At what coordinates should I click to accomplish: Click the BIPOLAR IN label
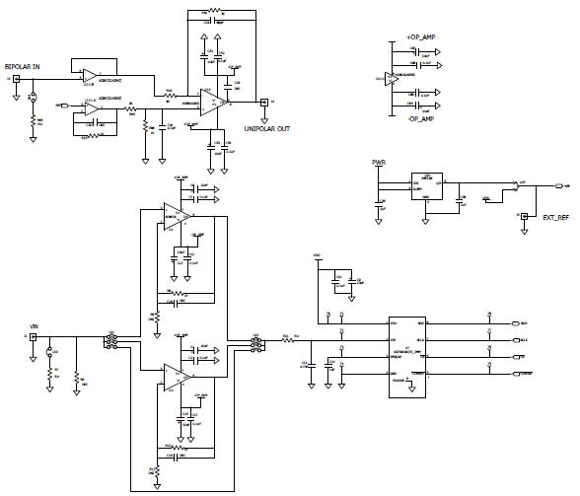coord(23,65)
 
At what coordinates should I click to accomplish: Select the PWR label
coord(378,162)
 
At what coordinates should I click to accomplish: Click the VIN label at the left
coord(35,324)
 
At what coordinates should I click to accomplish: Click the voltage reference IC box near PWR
coord(426,185)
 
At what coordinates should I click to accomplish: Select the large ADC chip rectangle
coord(406,355)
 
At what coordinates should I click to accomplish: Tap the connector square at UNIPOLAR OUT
coord(263,101)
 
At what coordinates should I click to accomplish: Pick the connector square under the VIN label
coord(34,337)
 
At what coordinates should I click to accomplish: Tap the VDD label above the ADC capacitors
coord(317,259)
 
